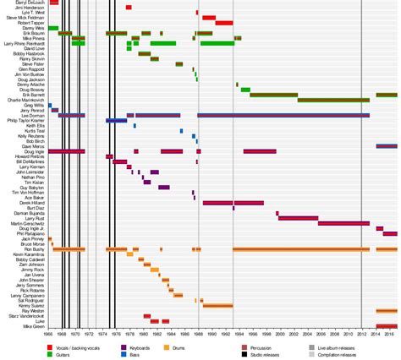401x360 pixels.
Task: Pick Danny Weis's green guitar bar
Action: (53, 28)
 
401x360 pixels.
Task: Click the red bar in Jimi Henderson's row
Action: (129, 8)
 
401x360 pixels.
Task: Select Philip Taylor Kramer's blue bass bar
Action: (117, 121)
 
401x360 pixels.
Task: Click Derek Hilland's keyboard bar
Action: (233, 203)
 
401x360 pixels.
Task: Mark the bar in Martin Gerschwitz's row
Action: (343, 223)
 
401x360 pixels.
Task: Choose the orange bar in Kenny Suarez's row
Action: (218, 306)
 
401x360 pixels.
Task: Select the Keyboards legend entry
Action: (144, 346)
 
